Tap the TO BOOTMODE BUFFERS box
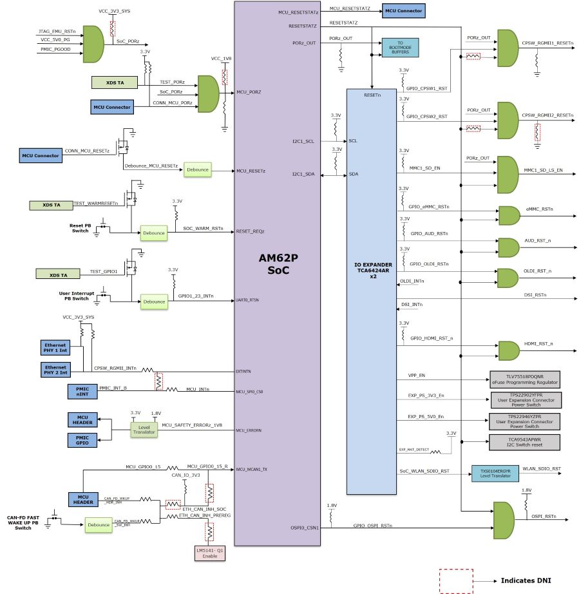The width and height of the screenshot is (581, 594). click(x=399, y=47)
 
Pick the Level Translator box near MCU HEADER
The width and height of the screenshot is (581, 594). click(x=144, y=428)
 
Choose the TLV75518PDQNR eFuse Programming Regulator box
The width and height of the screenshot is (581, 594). click(x=524, y=378)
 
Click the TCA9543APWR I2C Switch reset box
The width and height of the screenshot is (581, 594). click(x=524, y=442)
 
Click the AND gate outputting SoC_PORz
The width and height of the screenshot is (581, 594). click(x=94, y=43)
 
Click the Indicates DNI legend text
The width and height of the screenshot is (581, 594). click(x=526, y=580)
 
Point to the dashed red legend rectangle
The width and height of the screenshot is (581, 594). click(x=456, y=580)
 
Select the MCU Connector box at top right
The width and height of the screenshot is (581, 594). click(x=403, y=11)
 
